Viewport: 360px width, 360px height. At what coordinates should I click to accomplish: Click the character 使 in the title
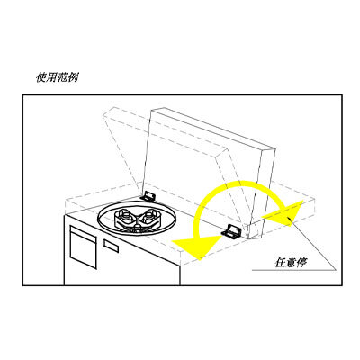[x=41, y=77]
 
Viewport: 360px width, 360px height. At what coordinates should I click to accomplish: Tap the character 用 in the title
[x=51, y=77]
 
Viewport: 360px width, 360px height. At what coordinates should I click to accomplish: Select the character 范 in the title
[x=62, y=77]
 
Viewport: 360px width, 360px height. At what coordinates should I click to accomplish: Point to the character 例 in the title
[x=73, y=77]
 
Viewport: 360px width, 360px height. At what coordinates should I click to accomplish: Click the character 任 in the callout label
[x=280, y=263]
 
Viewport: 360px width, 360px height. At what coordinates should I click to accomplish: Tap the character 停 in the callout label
[x=301, y=263]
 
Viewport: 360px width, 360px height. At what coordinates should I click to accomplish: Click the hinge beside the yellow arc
[x=231, y=231]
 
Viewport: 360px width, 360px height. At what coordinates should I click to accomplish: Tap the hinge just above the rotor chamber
[x=148, y=196]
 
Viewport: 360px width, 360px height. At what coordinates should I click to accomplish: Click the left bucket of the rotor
[x=124, y=217]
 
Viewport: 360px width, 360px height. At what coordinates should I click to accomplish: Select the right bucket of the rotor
[x=150, y=217]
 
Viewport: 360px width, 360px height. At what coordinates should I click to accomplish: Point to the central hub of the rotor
[x=137, y=225]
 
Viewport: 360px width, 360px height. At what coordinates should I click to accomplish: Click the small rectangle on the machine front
[x=111, y=246]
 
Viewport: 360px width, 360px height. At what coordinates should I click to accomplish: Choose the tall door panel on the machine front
[x=84, y=247]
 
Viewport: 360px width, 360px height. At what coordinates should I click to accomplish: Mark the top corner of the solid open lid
[x=152, y=110]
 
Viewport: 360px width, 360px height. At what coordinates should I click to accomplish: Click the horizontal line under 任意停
[x=293, y=270]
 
